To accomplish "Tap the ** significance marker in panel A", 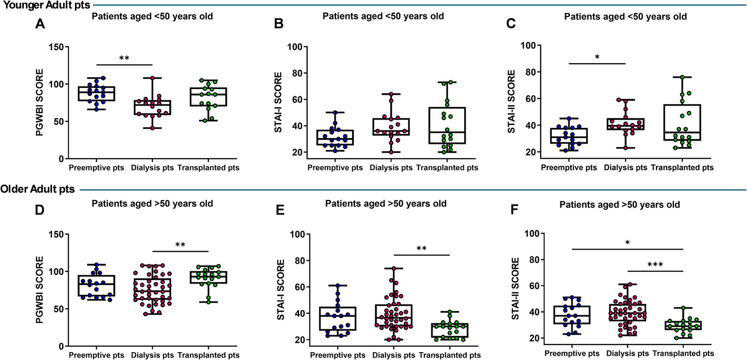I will click(125, 58).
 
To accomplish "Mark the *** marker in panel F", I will click(656, 265).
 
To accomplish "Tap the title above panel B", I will click(383, 16).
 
